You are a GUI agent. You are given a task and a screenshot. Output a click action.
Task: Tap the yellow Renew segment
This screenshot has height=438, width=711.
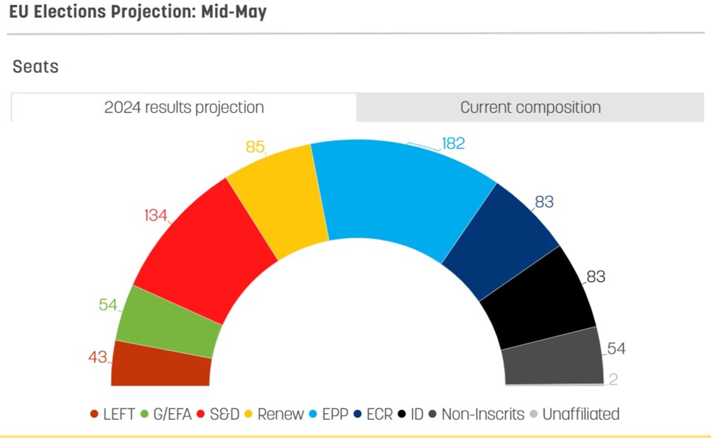(x=280, y=203)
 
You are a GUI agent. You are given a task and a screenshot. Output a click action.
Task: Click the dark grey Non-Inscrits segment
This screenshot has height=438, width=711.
(x=553, y=359)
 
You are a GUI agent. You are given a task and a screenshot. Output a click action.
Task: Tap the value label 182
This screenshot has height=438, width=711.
(x=453, y=144)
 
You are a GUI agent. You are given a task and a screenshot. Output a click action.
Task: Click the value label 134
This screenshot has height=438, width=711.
(x=156, y=215)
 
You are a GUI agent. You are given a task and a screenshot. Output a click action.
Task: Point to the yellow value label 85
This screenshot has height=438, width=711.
(x=255, y=147)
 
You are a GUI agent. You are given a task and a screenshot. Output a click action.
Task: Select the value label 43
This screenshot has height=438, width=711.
(x=98, y=357)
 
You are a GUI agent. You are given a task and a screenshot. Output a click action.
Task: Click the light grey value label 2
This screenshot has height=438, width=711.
(x=613, y=380)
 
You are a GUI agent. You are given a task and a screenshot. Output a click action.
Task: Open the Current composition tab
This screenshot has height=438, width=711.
(x=530, y=107)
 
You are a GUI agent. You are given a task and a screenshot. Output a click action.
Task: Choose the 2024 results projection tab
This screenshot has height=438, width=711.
(x=184, y=107)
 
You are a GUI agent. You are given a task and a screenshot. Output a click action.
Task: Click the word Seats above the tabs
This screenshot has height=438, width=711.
(x=36, y=67)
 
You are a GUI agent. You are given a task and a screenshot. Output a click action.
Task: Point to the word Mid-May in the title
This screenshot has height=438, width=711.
(x=234, y=12)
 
